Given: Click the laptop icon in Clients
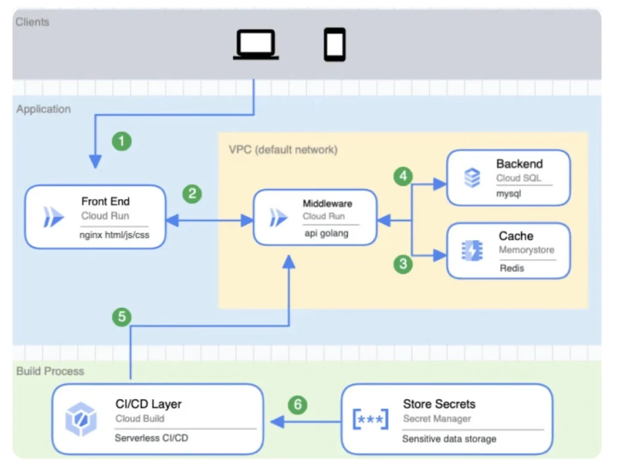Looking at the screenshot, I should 255,45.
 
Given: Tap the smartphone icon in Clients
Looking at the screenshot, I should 334,45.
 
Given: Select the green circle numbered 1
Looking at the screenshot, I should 122,141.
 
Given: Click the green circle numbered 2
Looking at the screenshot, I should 192,194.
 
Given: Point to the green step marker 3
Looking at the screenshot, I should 404,265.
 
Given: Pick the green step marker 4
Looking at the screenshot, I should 404,176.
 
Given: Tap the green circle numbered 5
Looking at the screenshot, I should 122,317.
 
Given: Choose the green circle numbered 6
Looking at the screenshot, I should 298,405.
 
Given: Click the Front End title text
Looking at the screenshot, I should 106,201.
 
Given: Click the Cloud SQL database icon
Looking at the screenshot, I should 472,178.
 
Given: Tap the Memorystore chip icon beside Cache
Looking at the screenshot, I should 473,250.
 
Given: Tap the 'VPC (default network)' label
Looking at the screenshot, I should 283,150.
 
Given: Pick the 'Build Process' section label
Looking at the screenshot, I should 50,371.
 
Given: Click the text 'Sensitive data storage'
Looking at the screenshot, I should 449,439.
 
